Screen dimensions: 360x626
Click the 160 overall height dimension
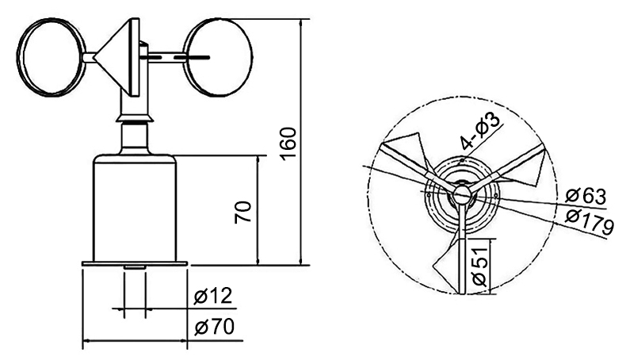coord(288,143)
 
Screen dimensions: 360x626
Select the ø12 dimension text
coord(212,297)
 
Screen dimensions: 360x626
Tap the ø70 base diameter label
coord(212,326)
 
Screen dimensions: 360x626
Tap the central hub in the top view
coord(460,194)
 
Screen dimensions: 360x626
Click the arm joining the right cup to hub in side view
coord(166,56)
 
